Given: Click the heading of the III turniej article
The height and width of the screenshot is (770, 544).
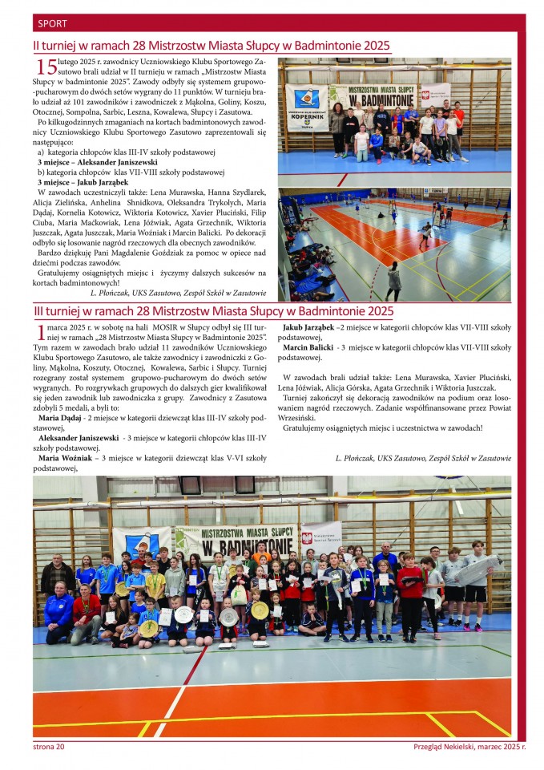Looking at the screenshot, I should (x=213, y=311).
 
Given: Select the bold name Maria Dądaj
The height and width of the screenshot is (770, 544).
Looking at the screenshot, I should (x=59, y=419).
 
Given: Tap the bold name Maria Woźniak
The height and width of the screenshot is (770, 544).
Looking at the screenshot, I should (x=67, y=458).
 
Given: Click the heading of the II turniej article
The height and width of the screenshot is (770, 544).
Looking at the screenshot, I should (x=212, y=47).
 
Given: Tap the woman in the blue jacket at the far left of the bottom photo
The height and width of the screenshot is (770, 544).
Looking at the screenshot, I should (x=58, y=614).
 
